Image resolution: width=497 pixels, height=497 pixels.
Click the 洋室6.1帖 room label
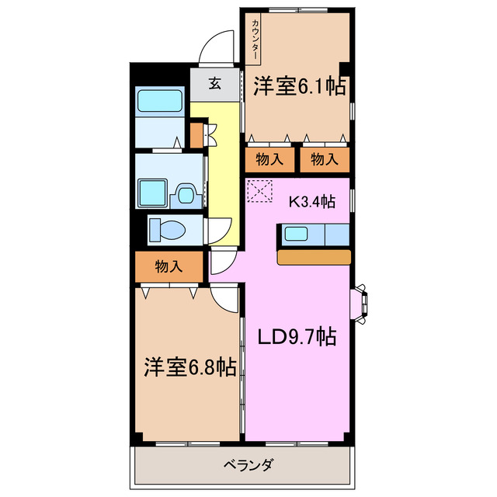[x=299, y=87]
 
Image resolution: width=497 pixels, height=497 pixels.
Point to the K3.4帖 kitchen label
[x=312, y=202]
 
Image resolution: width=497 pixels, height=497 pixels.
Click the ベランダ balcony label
[x=247, y=466]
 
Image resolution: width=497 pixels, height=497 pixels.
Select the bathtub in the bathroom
[x=159, y=101]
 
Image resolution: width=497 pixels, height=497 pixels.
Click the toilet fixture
[x=166, y=230]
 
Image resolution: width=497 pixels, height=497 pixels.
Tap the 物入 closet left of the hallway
[x=169, y=266]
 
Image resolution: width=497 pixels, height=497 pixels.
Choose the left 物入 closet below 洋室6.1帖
[x=269, y=160]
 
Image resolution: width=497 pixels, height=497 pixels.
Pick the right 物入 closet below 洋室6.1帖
[x=325, y=160]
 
